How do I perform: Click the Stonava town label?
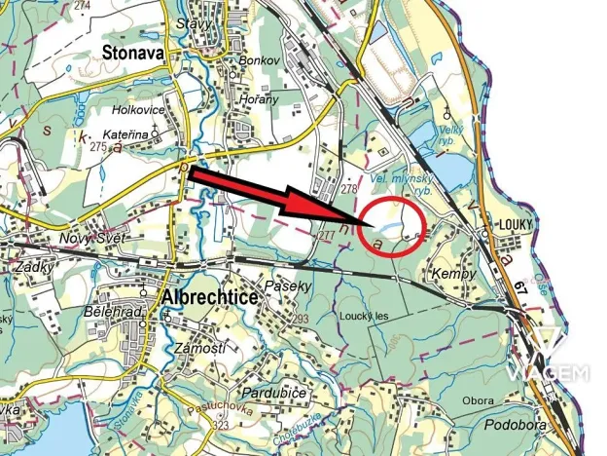coord(132,56)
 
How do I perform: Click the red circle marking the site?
coord(393,226)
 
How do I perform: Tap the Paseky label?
coord(291,286)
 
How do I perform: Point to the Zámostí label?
coord(193,348)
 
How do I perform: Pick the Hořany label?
coord(259,98)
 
